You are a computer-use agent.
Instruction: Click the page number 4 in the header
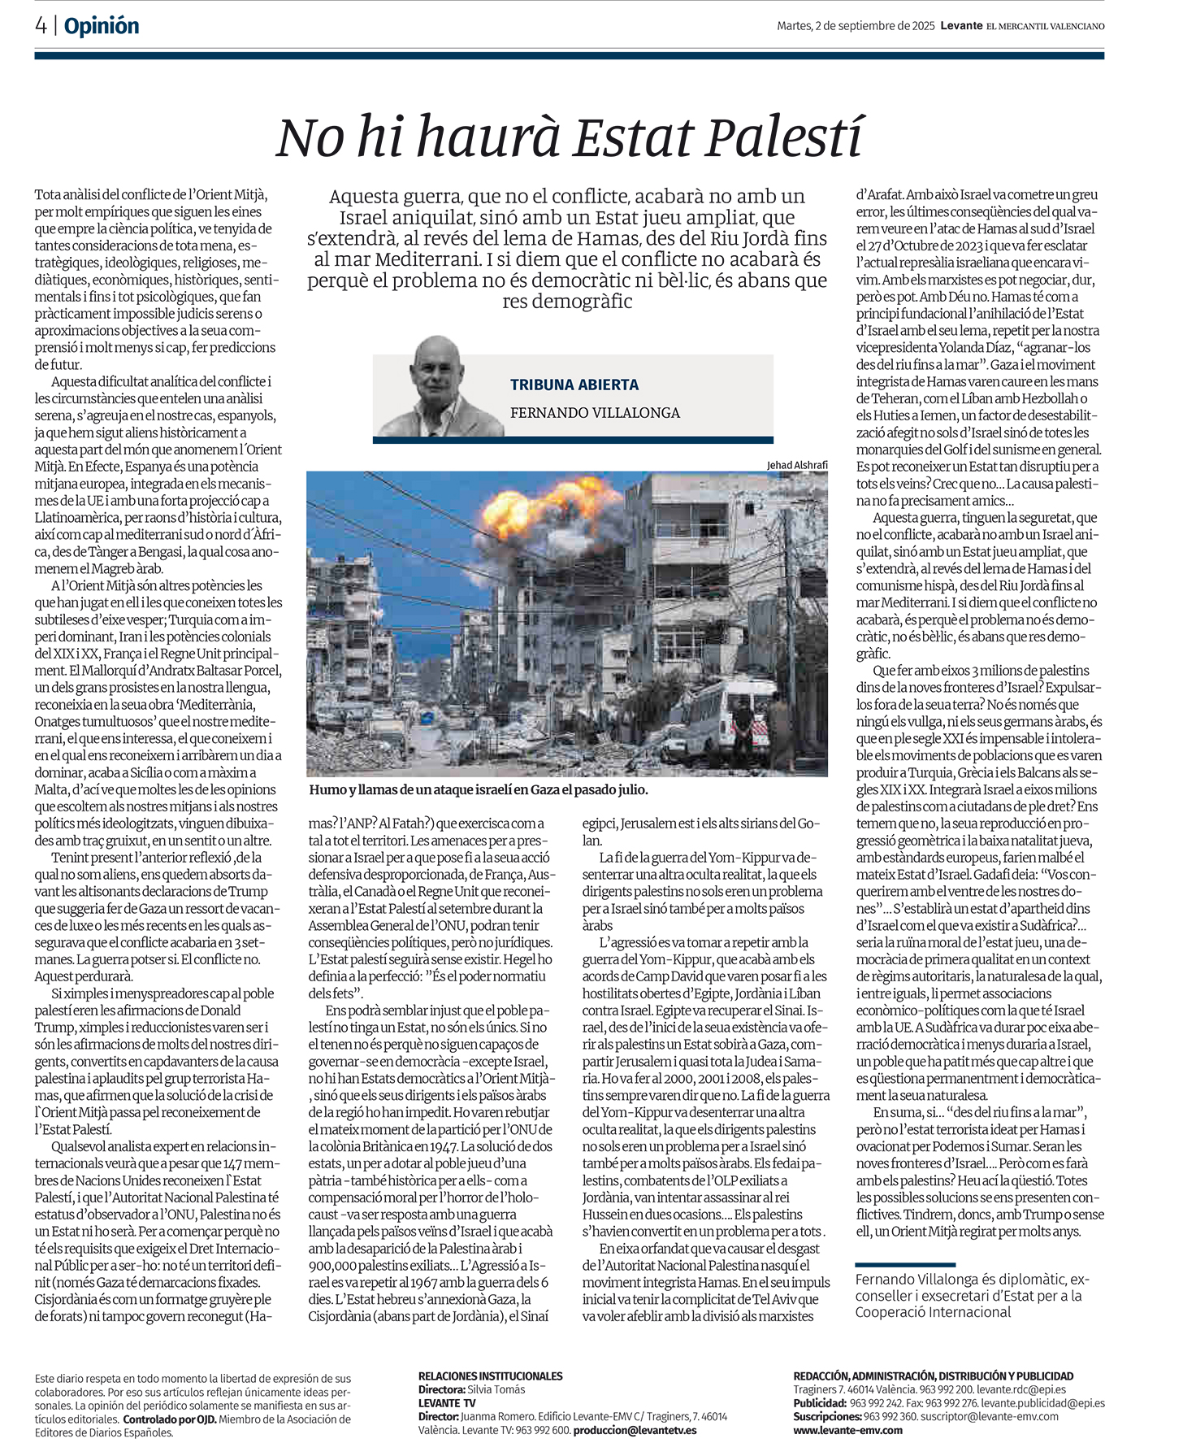pos(41,26)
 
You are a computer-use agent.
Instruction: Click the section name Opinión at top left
pos(102,26)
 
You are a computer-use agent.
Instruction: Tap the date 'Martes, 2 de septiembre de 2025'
pos(856,26)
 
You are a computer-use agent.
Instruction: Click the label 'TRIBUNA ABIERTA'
pos(574,385)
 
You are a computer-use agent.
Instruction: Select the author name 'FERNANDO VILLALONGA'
pos(595,413)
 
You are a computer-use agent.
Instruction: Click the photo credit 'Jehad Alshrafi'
pos(796,465)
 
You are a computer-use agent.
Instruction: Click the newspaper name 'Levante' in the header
pos(961,26)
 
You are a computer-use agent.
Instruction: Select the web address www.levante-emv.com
pos(847,1430)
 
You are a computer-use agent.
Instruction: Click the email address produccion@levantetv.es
pos(635,1430)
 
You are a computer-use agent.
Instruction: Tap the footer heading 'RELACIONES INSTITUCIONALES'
pos(490,1376)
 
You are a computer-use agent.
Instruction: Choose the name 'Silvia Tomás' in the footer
pos(496,1389)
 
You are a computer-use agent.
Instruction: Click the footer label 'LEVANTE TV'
pos(447,1403)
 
